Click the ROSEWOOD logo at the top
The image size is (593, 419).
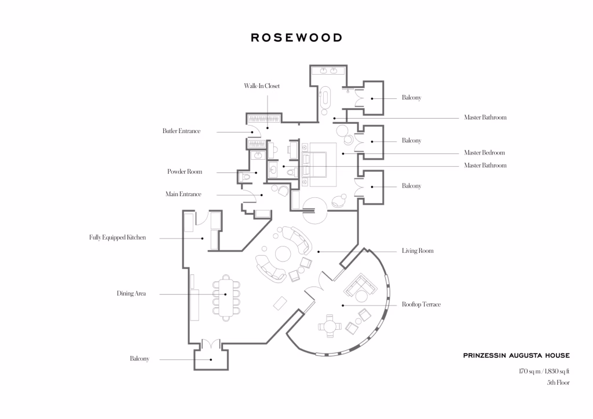coord(296,38)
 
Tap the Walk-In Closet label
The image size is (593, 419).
coord(262,86)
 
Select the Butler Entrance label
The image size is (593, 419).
coord(181,131)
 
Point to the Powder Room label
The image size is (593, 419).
coord(185,171)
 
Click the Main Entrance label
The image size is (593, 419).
coord(184,194)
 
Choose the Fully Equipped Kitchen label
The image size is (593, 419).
coord(117,237)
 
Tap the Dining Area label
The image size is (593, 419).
coord(131,293)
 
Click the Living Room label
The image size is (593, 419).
coord(418,251)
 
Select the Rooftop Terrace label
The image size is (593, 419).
coord(422,304)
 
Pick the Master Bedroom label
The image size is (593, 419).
coord(485,153)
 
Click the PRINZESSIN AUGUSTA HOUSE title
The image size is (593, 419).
coord(516,355)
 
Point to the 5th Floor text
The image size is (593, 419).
coord(558,383)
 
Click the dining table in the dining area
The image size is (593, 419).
coord(226,298)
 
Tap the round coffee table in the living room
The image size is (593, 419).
coord(283,254)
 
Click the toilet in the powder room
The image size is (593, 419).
coord(244,177)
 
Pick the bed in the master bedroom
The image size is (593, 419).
coord(316,165)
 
